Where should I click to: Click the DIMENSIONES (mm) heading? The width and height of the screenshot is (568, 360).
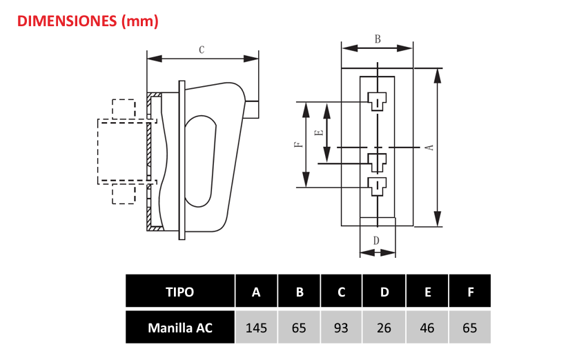(x=87, y=21)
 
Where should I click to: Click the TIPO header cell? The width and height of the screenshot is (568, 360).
(x=180, y=292)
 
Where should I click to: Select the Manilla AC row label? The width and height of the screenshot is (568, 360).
(x=180, y=328)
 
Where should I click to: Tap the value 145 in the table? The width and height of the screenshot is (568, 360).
(x=257, y=328)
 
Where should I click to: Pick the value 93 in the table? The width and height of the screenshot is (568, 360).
(x=341, y=328)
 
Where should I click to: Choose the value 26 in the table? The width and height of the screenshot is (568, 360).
(x=384, y=328)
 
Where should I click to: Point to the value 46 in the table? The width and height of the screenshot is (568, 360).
(x=427, y=328)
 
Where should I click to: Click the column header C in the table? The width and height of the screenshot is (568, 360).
(x=341, y=292)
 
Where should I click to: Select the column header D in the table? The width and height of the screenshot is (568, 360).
(x=384, y=292)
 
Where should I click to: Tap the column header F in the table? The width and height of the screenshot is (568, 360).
(x=470, y=292)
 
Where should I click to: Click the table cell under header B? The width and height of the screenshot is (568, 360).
(x=299, y=328)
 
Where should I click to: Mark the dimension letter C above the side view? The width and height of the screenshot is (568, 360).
(x=202, y=50)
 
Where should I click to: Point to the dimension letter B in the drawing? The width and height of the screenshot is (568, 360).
(x=378, y=39)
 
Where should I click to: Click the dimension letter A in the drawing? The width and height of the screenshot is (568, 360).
(x=429, y=148)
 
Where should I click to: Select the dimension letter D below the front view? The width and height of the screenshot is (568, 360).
(x=377, y=241)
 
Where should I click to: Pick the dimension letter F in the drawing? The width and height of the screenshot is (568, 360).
(x=297, y=145)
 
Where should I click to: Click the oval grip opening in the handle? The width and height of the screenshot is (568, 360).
(x=201, y=159)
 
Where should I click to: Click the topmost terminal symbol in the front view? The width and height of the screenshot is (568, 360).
(x=377, y=100)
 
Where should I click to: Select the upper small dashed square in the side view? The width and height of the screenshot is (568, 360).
(x=124, y=108)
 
